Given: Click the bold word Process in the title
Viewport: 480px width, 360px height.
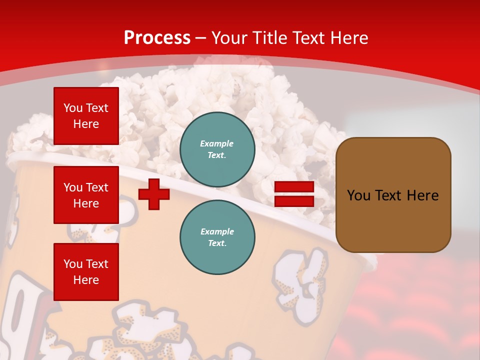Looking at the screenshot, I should click(x=157, y=38).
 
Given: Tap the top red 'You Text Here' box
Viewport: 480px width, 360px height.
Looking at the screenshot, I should click(x=86, y=116).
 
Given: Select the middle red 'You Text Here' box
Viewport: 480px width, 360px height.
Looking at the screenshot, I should click(x=86, y=195).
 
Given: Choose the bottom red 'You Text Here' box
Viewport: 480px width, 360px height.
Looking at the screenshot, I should click(x=86, y=271).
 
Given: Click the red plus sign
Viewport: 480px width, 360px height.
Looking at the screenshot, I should click(x=154, y=194).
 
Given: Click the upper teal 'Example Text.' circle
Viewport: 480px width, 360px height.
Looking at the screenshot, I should click(x=217, y=149).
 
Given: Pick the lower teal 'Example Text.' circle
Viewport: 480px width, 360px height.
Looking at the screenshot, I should click(x=217, y=237).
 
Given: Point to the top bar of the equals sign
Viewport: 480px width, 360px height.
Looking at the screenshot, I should click(x=294, y=187).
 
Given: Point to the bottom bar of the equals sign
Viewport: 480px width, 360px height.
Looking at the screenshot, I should click(x=294, y=201).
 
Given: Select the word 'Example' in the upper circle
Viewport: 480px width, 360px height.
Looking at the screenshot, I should click(x=216, y=143).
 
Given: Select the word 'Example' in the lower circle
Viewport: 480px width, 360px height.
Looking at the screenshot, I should click(x=216, y=231).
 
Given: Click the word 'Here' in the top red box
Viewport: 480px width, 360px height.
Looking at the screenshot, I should click(x=86, y=124).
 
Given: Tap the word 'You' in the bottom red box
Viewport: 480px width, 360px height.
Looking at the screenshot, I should click(x=73, y=264).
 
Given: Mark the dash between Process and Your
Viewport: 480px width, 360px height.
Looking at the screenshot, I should click(x=201, y=38).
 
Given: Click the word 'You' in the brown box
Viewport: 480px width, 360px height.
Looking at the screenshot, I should click(x=358, y=195).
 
